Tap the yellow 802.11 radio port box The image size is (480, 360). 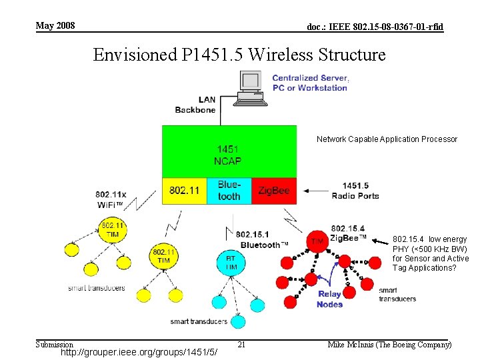tap(184, 191)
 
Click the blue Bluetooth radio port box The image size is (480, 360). tap(229, 191)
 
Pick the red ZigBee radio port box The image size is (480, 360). tap(274, 191)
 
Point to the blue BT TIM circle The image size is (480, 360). tap(231, 261)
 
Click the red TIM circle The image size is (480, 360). tap(317, 241)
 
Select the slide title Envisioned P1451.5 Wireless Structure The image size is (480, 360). tap(239, 54)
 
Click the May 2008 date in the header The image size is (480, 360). tap(55, 26)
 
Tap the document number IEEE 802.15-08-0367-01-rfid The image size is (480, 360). tap(375, 27)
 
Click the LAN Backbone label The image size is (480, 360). tap(195, 105)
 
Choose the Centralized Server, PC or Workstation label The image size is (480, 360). tap(310, 83)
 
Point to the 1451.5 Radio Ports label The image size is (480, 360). tap(355, 191)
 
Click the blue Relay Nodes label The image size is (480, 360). tap(329, 299)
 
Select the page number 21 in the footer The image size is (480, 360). tap(242, 344)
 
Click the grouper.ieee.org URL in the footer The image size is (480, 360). tap(139, 351)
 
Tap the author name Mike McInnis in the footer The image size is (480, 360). tap(390, 345)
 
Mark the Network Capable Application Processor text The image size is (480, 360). tap(387, 139)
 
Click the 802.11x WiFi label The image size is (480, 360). tap(111, 198)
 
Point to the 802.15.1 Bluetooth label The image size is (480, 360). tap(261, 240)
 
